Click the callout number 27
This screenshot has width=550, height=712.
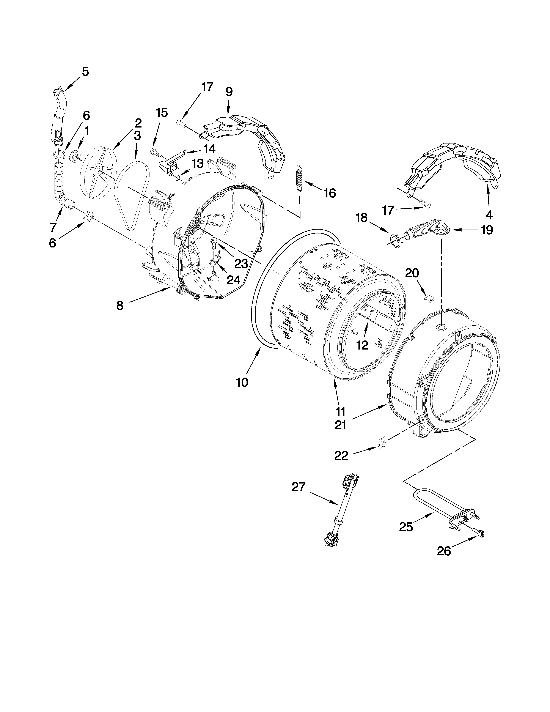[299, 487]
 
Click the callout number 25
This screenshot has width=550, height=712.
[406, 527]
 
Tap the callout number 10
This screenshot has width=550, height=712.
[242, 382]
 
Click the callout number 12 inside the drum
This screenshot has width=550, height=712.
[362, 345]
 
